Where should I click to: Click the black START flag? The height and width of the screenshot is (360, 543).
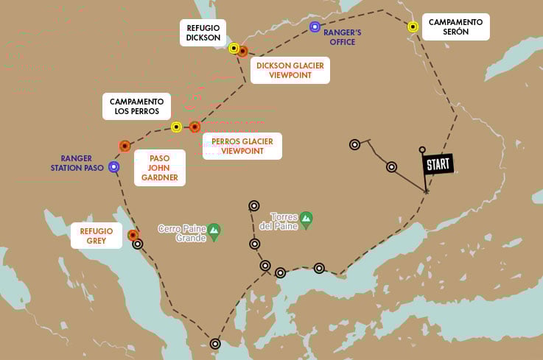[438, 164]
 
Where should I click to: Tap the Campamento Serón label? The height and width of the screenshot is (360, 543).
[455, 27]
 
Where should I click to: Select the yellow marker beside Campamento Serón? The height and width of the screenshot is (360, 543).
[413, 27]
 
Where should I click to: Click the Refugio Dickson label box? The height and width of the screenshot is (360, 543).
[203, 33]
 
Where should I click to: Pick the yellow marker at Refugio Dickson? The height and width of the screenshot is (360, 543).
[234, 49]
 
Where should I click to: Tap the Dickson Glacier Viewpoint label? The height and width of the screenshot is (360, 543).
[290, 71]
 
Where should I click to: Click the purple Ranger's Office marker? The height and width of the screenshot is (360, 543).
[315, 27]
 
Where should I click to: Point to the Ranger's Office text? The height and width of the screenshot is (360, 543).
[343, 37]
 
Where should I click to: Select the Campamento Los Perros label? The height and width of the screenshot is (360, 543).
[136, 106]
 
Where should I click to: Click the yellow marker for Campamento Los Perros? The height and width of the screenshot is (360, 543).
[176, 127]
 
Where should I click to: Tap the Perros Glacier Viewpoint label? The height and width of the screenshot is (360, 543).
[242, 146]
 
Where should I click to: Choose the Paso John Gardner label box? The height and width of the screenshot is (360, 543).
[160, 167]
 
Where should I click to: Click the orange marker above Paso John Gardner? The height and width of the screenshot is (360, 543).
[125, 146]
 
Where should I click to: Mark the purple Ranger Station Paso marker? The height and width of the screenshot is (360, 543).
[113, 167]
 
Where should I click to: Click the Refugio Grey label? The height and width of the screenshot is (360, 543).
[97, 236]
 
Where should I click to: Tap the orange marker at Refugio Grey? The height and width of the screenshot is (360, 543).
[133, 236]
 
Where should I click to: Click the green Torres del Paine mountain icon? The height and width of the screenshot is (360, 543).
[306, 219]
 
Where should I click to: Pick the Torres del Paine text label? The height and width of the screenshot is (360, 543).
[284, 221]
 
